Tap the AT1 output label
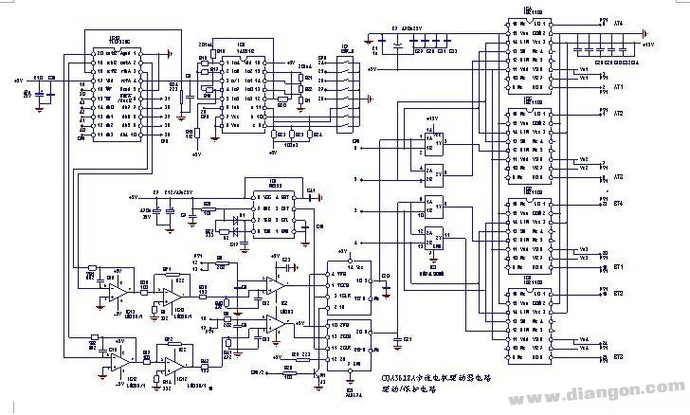(x=619, y=87)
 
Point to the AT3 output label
(x=619, y=177)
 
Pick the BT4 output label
(x=619, y=203)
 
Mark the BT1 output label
(x=619, y=268)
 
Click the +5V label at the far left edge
(x=19, y=81)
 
